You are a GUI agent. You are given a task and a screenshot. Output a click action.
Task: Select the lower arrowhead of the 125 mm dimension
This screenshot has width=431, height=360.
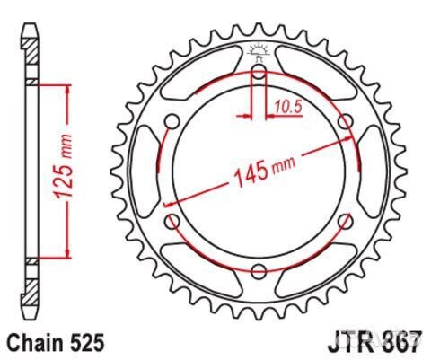tap(66, 253)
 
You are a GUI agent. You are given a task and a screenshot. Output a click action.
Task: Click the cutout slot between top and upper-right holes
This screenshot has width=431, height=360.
tap(310, 76)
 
